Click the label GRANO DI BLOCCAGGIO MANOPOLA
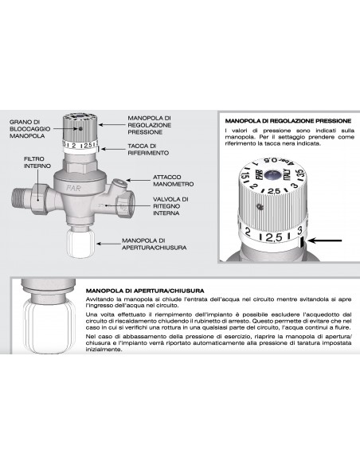tap(30, 129)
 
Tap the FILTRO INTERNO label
tap(37, 162)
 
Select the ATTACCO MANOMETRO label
tap(173, 181)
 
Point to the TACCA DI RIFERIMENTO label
tap(148, 150)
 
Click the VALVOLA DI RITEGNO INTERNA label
tap(170, 206)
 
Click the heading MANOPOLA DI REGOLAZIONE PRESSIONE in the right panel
tap(288, 121)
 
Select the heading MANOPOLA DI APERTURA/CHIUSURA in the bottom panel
tap(145, 291)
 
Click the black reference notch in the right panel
tap(302, 243)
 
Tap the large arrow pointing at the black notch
tap(325, 240)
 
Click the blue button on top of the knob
tap(272, 174)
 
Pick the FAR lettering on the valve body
tap(73, 188)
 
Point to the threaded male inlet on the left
tap(23, 200)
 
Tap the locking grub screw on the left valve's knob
tap(80, 129)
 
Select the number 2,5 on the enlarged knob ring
tap(273, 237)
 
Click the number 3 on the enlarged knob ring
tap(299, 230)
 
